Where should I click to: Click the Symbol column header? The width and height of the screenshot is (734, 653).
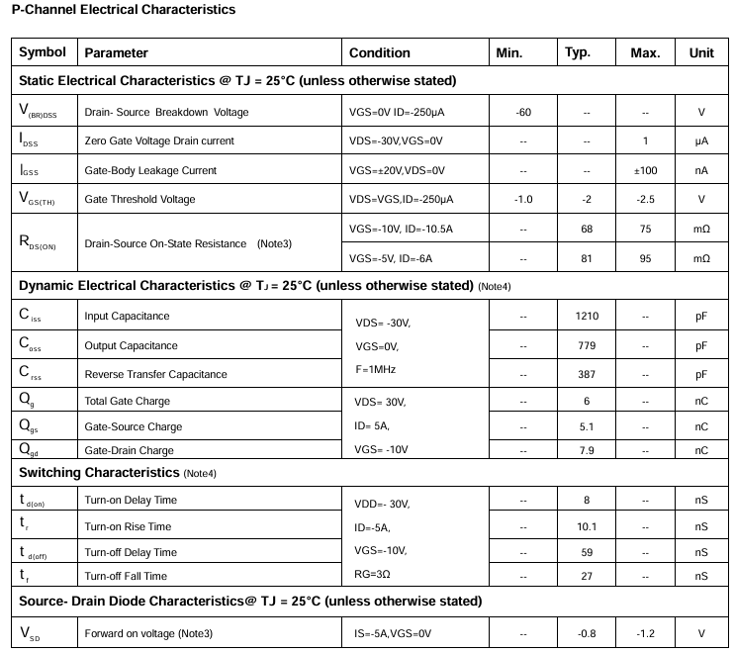tap(43, 52)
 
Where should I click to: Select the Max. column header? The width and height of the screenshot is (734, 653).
tap(645, 53)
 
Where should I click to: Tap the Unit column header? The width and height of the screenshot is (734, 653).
tap(701, 53)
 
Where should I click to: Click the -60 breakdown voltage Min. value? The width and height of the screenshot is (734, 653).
tap(523, 112)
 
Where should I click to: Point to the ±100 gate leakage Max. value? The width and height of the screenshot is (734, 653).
tap(645, 170)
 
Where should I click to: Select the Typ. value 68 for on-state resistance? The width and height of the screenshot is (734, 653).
tap(587, 229)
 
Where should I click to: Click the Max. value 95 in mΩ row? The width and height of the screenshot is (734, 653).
tap(645, 258)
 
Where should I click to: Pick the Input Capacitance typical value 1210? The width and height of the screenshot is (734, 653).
tap(587, 317)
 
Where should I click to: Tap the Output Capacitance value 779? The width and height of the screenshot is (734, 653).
tap(587, 345)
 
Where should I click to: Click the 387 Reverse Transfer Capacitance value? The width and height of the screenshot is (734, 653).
tap(587, 374)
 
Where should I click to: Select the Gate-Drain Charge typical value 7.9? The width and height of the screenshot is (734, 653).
tap(587, 450)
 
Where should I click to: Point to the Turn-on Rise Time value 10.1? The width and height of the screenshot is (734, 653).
tap(587, 526)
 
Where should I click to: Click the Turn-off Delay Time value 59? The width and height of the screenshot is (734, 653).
tap(587, 552)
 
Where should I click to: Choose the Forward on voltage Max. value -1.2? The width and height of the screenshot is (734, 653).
tap(645, 633)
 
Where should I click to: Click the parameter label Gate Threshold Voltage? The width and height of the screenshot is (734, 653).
tap(139, 199)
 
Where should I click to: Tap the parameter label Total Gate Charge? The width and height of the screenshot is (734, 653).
tap(127, 401)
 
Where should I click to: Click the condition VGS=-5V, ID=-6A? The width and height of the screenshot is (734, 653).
tap(392, 258)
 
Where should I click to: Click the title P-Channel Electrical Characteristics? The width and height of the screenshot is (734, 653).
tap(124, 10)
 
